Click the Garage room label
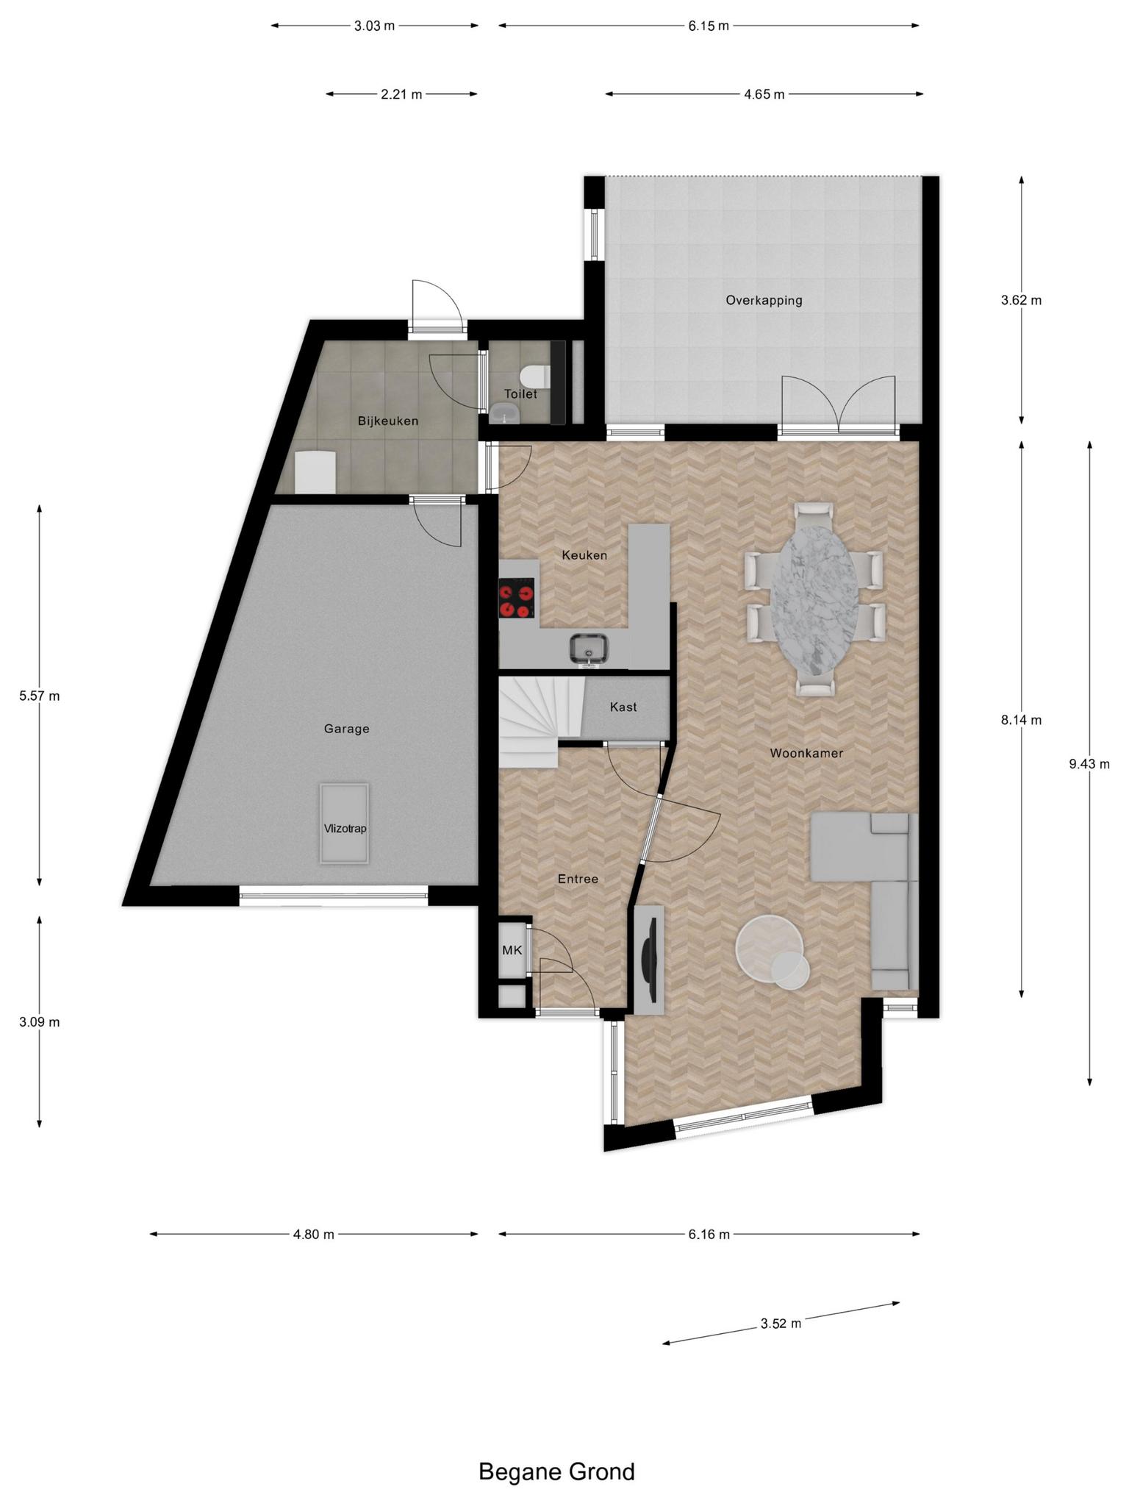point(346,729)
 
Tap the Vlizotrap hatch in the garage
point(344,824)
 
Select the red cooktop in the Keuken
point(517,598)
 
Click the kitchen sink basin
point(589,647)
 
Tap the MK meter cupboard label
point(512,950)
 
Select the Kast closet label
point(623,707)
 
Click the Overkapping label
point(764,300)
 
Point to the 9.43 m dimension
point(1089,764)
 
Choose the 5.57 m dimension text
point(40,696)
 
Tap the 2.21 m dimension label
point(401,94)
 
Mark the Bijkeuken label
point(388,421)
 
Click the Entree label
point(578,879)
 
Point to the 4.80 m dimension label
point(314,1235)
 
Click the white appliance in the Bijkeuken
point(315,471)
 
